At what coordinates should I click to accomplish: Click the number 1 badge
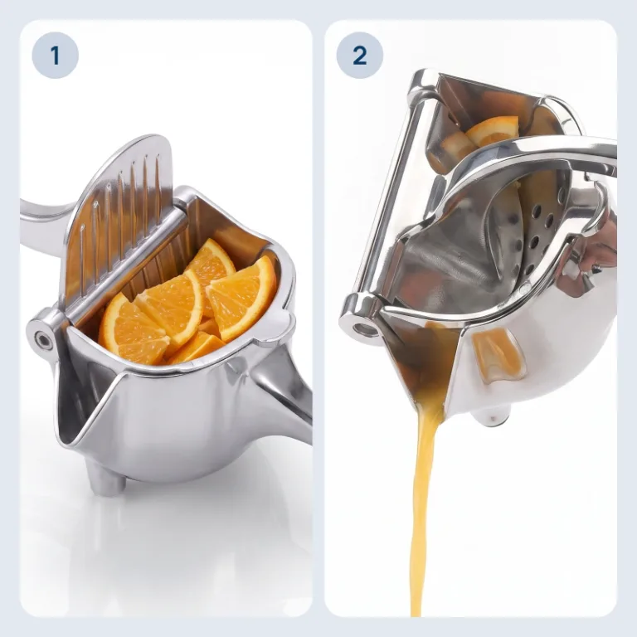pos(56,56)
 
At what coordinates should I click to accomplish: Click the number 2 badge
pos(360,56)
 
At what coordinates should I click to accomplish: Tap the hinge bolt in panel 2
pos(361,328)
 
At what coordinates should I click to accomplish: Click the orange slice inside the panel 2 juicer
pos(493,131)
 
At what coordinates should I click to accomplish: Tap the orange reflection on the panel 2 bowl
pos(497,354)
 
